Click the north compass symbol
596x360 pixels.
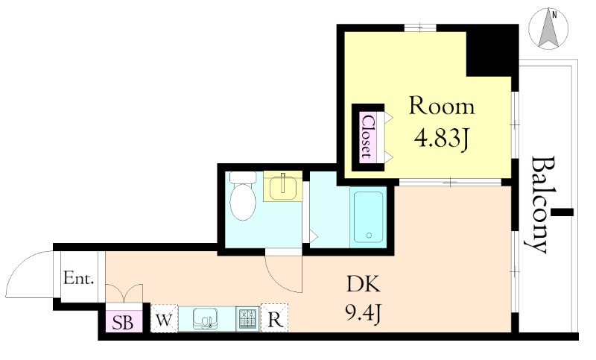[548, 30]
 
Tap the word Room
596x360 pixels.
[442, 107]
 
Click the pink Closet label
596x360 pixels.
[368, 136]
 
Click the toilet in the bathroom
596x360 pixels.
[244, 196]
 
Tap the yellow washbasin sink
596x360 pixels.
[282, 186]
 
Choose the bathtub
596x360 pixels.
[368, 218]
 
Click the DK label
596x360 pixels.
[364, 285]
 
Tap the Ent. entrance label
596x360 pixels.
[79, 278]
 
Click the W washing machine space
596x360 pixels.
[164, 319]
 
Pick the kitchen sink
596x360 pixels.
[206, 318]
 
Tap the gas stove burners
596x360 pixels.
[247, 318]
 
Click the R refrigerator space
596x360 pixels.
[274, 319]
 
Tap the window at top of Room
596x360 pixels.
[420, 28]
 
